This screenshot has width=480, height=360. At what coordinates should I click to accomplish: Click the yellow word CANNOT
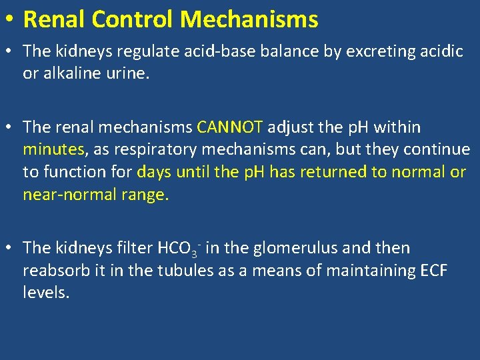[x=231, y=127]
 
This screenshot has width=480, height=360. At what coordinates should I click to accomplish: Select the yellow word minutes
[x=54, y=149]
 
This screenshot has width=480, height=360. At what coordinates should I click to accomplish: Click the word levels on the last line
[x=46, y=293]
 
